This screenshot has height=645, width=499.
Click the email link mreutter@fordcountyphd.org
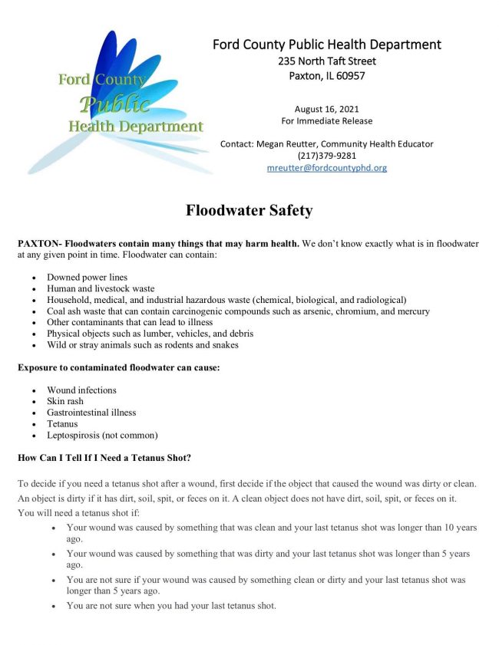click(326, 168)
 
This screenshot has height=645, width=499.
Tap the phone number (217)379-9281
click(326, 156)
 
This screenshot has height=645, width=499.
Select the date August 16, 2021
click(326, 109)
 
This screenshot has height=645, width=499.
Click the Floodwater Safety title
click(249, 210)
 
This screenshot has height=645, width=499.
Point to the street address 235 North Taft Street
click(326, 61)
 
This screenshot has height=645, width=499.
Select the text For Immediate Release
click(326, 121)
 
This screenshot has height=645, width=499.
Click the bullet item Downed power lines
click(87, 277)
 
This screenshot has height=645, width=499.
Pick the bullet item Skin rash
click(65, 401)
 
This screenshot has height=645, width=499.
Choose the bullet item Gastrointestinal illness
click(91, 413)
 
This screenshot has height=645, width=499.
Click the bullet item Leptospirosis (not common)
click(102, 435)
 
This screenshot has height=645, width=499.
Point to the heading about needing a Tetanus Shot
click(104, 458)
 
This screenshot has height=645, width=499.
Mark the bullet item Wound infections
click(81, 390)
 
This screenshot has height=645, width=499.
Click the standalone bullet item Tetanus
click(62, 423)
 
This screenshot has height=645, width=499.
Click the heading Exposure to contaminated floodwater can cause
click(119, 367)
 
